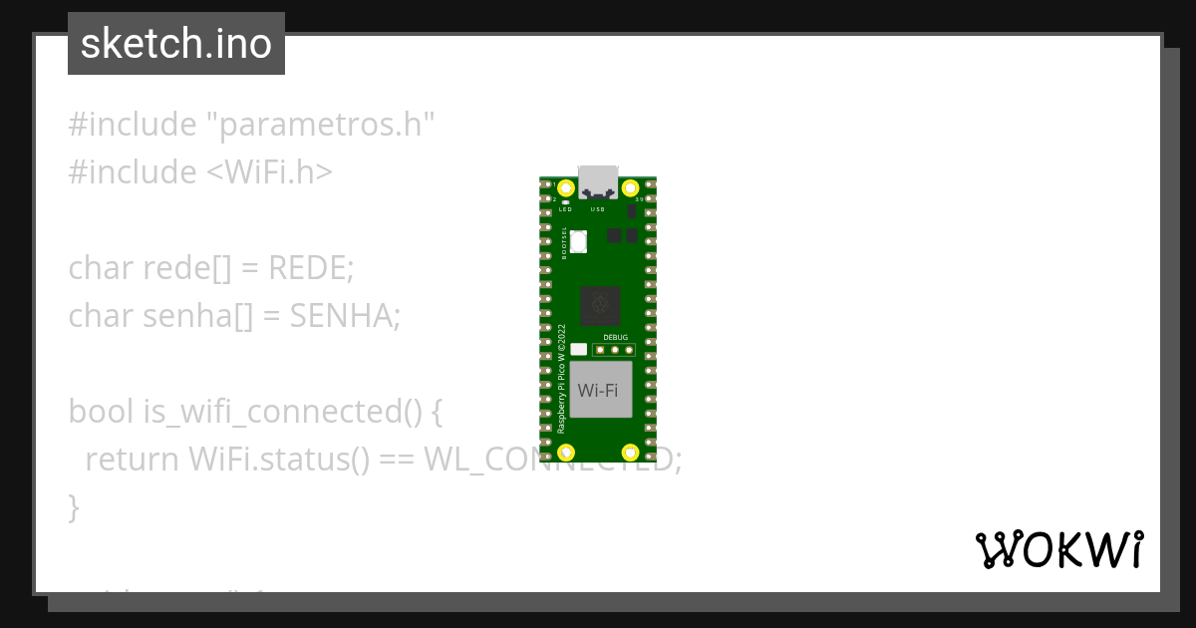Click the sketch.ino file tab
coord(176,44)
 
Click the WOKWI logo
coord(1058,549)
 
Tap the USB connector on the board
coord(598,178)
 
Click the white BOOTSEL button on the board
coord(580,240)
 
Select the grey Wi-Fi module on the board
coord(600,389)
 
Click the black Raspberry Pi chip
coord(600,305)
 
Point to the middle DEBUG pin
coord(615,349)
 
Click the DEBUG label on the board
coord(615,338)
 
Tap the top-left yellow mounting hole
coord(566,188)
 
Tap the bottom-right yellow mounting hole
coord(630,454)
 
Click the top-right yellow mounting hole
coord(630,188)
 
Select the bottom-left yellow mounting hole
coord(566,454)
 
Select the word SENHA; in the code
coord(345,316)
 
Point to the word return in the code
coord(133,460)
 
